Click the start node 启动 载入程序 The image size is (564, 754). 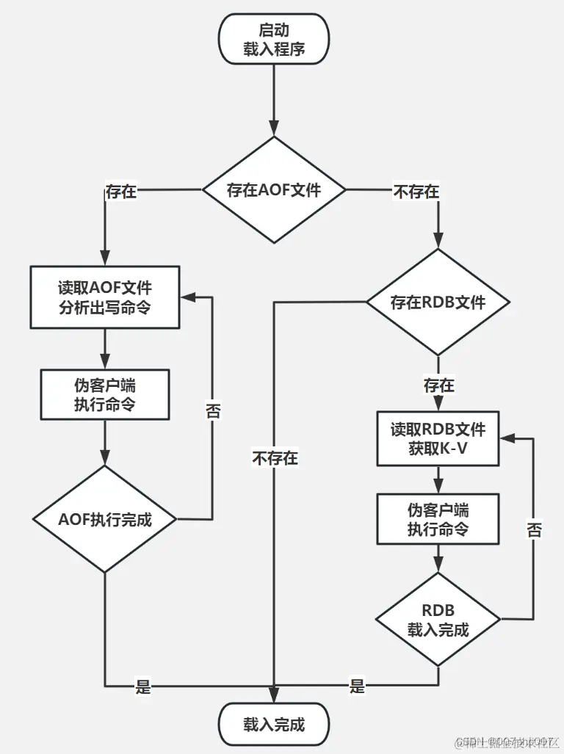tap(274, 40)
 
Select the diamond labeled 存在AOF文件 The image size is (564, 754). tap(274, 190)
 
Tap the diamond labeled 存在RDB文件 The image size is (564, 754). tap(438, 302)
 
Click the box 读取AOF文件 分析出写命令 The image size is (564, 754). tap(105, 297)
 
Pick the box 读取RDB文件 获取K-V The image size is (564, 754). tap(438, 438)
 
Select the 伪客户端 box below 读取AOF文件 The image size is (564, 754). tap(105, 394)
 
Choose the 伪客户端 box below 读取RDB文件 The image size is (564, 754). tap(438, 519)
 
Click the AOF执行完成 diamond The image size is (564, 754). tap(105, 519)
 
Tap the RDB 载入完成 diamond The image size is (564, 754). tap(438, 620)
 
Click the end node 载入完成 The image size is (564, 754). tap(274, 725)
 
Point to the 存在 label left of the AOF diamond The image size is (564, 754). tap(121, 192)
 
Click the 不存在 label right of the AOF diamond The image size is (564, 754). tap(416, 192)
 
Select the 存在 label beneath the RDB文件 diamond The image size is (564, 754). tap(438, 385)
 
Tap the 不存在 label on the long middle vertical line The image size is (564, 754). tap(275, 458)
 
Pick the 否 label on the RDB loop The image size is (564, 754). tap(534, 530)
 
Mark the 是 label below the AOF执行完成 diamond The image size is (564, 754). tap(143, 687)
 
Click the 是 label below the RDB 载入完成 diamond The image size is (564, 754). tap(357, 687)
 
